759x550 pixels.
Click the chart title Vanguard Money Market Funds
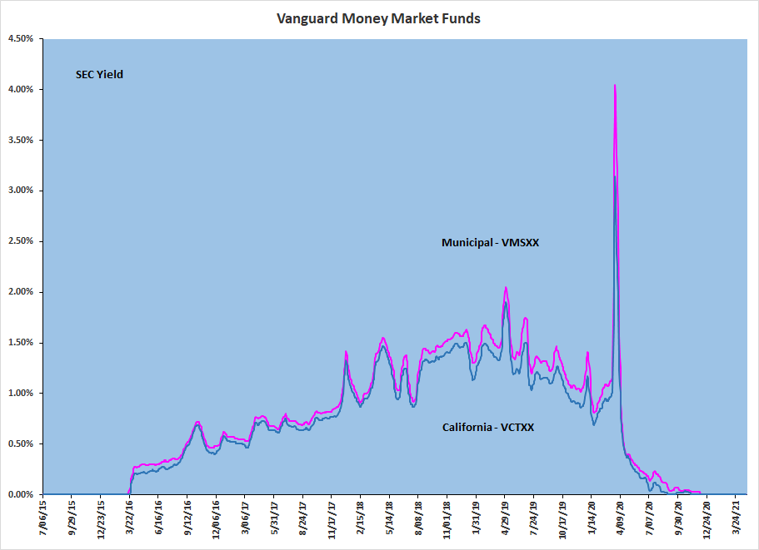click(x=379, y=18)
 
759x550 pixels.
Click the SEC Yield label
click(x=99, y=75)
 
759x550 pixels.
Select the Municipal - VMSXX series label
click(x=492, y=243)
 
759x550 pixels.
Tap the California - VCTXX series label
click(x=488, y=428)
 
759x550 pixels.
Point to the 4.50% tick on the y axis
click(x=20, y=39)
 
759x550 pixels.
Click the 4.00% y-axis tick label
click(x=20, y=90)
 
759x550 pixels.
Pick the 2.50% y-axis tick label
click(x=20, y=241)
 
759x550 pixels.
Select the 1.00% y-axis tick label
click(x=20, y=394)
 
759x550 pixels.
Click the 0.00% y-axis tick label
click(x=20, y=494)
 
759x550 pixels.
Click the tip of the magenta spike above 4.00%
click(x=615, y=85)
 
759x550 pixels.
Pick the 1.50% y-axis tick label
click(x=20, y=343)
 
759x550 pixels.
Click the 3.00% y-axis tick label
click(x=20, y=191)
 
